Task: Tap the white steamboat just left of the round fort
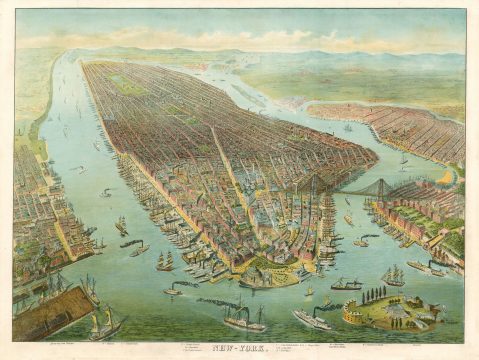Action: (313, 319)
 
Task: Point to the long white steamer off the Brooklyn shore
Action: (424, 267)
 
